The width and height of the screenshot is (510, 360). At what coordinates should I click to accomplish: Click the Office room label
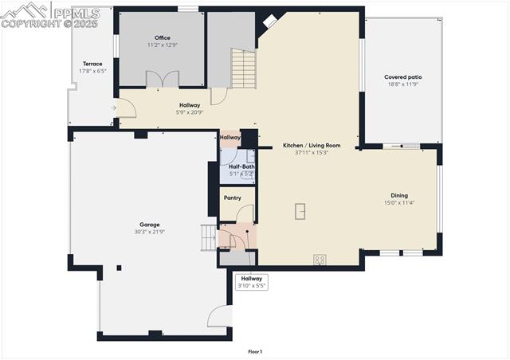click(x=162, y=38)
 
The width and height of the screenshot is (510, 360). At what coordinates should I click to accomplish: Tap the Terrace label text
click(x=92, y=64)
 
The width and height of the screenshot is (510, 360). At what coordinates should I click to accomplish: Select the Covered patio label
click(x=402, y=77)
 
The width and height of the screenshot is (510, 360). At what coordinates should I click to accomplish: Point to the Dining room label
click(x=398, y=195)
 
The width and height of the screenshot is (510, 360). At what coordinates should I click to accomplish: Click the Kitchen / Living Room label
click(x=312, y=145)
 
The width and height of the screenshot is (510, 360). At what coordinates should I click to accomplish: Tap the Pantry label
click(x=232, y=198)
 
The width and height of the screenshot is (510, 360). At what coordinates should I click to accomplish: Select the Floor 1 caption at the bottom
click(x=255, y=351)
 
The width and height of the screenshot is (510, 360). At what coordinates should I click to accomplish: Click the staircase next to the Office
click(x=243, y=69)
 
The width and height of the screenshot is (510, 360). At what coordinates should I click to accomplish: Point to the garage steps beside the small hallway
click(x=209, y=236)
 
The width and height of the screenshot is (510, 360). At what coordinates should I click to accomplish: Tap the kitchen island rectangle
click(x=300, y=210)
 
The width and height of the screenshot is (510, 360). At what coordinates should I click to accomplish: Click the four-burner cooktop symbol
click(x=320, y=259)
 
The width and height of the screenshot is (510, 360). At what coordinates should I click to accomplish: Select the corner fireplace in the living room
click(x=271, y=21)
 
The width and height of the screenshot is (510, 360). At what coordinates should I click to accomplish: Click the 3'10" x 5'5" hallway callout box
click(x=252, y=282)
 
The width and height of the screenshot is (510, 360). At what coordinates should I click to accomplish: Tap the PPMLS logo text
click(x=76, y=13)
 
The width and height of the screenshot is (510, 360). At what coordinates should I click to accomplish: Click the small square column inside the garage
click(x=120, y=268)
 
